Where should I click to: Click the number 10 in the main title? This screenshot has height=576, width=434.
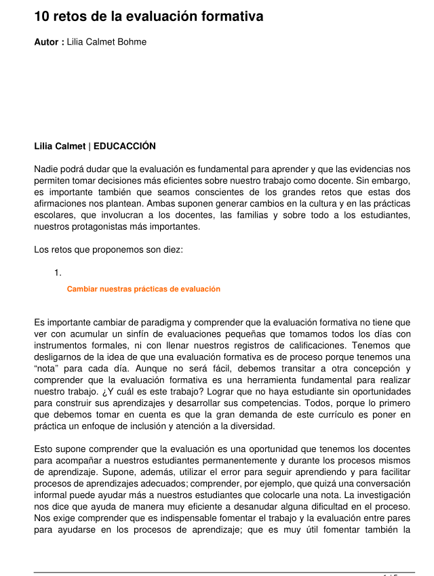pyautogui.click(x=42, y=16)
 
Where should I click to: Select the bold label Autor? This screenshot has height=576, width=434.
pyautogui.click(x=47, y=42)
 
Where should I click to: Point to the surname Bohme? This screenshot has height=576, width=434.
pyautogui.click(x=132, y=42)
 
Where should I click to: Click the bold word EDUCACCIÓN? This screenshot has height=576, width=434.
pyautogui.click(x=125, y=146)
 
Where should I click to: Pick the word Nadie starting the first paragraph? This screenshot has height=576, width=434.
pyautogui.click(x=46, y=169)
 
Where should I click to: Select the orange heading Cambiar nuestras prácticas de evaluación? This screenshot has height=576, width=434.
pyautogui.click(x=144, y=289)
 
